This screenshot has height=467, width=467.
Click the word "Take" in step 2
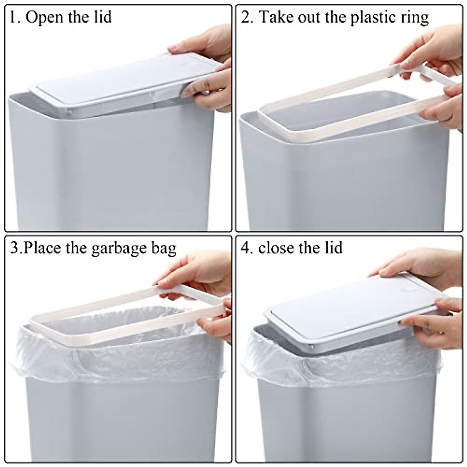(274, 18)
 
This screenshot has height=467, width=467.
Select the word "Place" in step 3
(43, 248)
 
